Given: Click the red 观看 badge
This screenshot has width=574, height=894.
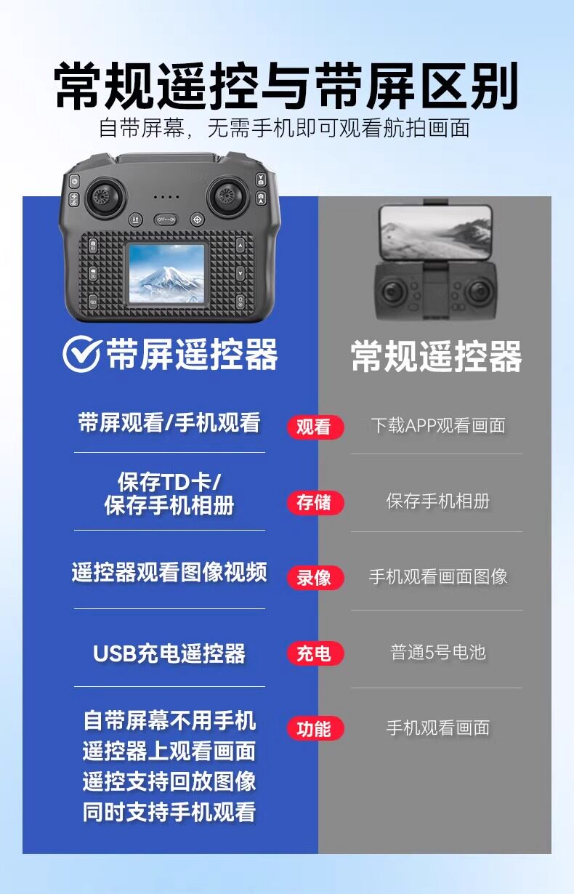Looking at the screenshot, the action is pos(315,427).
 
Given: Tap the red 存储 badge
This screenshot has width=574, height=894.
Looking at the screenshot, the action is pos(315,502).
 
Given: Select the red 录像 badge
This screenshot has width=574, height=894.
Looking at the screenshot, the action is pos(315,578).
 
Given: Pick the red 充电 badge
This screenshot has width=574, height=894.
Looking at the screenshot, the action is pos(315,653).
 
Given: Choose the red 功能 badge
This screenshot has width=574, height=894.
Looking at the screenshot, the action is pos(315,728).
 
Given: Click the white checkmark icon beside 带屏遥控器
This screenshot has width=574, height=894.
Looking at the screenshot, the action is pos(81,354).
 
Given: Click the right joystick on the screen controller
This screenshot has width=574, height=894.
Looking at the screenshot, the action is pos(227,196).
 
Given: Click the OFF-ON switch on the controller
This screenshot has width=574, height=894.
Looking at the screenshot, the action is pos(166,220).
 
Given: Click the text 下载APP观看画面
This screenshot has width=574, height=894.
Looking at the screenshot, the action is pos(437,425).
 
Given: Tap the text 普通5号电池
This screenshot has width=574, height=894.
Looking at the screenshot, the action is pos(437,653).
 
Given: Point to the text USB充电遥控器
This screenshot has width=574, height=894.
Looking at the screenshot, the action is pos(169,653).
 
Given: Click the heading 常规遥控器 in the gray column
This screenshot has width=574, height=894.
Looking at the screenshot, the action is pos(436,356).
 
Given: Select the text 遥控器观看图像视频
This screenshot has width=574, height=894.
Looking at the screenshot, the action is pos(169,572).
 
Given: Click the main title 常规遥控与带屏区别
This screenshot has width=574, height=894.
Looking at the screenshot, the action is pos(286,86).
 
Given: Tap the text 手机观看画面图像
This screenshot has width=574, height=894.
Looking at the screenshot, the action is pos(437,576).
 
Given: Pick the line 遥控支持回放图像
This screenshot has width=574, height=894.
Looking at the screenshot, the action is pos(169,781).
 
